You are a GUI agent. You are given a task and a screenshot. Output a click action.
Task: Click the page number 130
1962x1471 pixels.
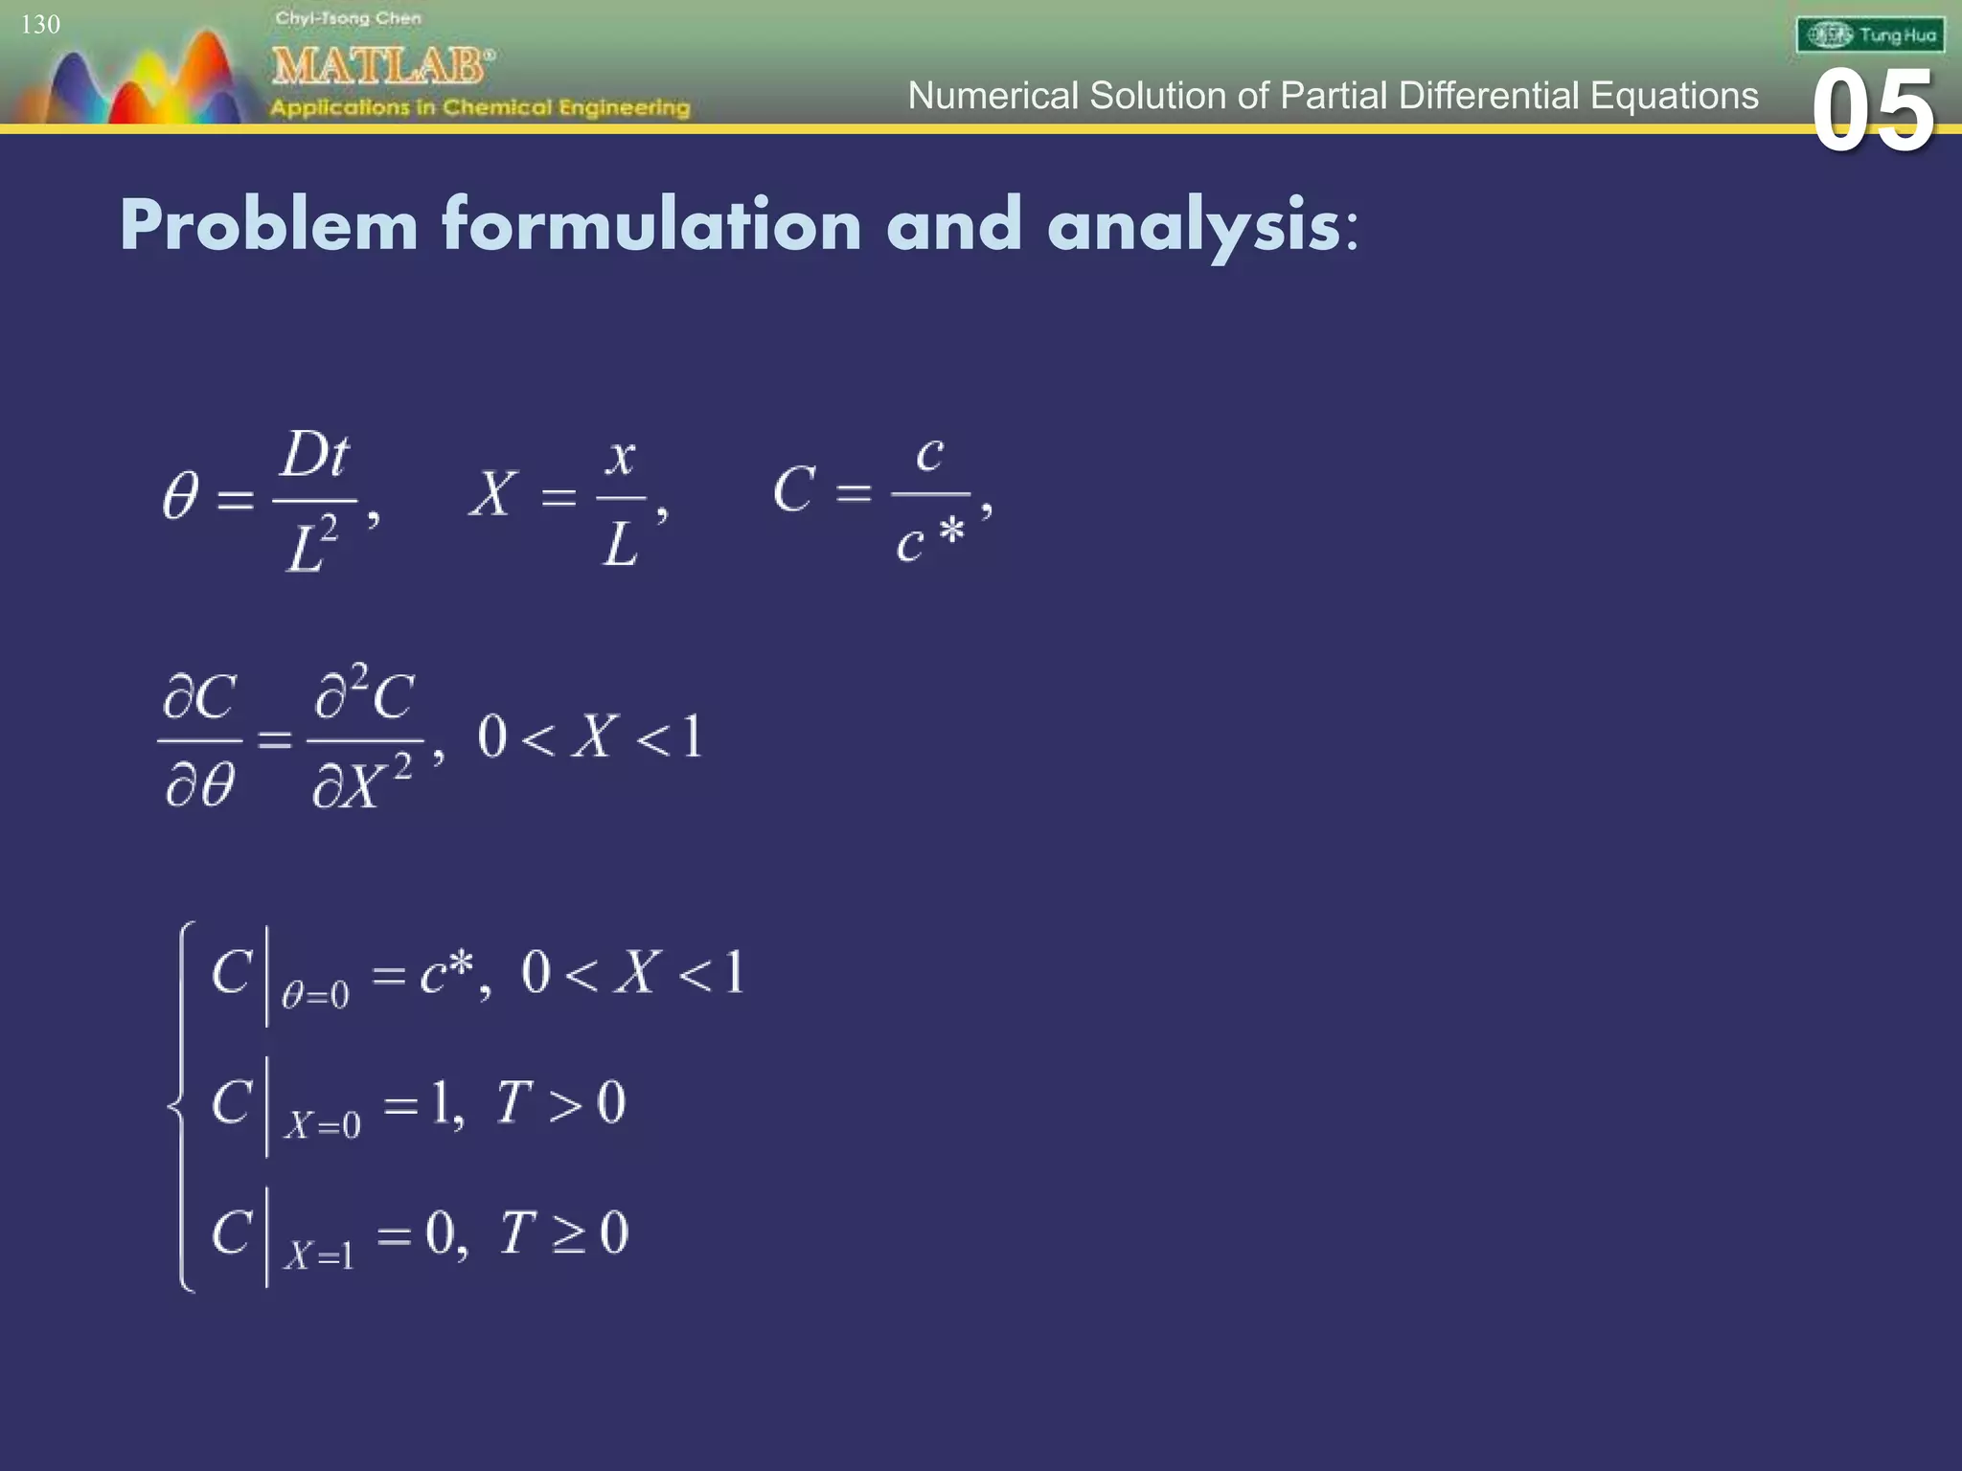[x=40, y=25]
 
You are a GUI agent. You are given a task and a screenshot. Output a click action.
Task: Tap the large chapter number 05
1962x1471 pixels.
[x=1873, y=112]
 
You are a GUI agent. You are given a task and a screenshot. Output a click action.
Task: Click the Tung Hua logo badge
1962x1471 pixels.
[x=1870, y=35]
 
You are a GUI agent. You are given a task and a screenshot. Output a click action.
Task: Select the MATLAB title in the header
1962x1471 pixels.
[x=381, y=66]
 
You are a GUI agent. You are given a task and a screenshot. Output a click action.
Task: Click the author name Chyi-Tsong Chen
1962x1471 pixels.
[x=348, y=18]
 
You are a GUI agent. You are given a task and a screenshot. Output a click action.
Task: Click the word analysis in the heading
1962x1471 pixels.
[x=1194, y=226]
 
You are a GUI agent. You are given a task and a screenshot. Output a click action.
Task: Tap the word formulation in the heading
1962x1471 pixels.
[x=651, y=226]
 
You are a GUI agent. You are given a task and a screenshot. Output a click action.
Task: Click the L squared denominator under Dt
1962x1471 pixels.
[x=312, y=544]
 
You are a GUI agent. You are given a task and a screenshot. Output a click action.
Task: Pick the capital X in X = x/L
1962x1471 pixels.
[x=493, y=494]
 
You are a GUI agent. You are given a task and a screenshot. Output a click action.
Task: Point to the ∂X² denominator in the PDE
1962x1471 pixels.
[x=362, y=783]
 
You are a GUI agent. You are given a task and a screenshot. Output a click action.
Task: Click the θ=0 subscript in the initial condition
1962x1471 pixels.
[x=315, y=996]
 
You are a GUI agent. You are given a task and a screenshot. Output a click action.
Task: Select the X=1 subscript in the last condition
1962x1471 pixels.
[x=319, y=1255]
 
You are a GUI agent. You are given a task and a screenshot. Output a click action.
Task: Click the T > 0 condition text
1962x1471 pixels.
[x=560, y=1102]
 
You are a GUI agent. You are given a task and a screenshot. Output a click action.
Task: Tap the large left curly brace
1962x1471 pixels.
[x=183, y=1106]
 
